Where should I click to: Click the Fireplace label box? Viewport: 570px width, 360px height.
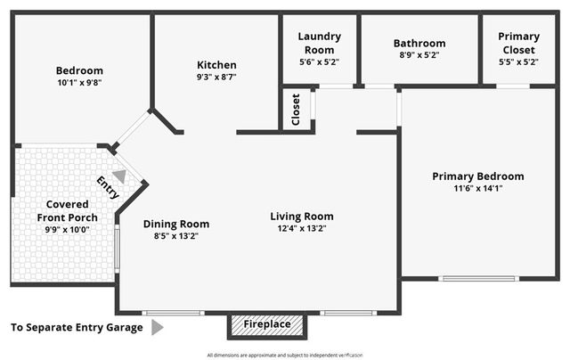[x=267, y=325]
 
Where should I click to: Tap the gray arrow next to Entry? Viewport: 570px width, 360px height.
[x=118, y=176]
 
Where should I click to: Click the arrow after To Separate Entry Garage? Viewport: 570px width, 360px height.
[x=157, y=328]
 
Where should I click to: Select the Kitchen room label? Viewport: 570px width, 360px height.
[x=216, y=65]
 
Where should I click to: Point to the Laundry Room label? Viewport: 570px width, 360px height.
[x=318, y=43]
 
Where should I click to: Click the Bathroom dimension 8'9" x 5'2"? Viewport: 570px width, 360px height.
[x=419, y=55]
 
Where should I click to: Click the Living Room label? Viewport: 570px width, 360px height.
[x=302, y=217]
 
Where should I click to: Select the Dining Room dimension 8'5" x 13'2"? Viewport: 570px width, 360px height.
[x=176, y=236]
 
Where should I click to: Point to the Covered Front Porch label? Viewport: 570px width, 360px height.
[x=68, y=210]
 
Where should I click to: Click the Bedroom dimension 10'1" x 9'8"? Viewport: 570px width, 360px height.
[x=79, y=83]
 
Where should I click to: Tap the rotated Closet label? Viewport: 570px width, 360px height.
[x=296, y=110]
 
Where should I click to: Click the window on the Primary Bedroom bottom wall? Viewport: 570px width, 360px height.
[x=478, y=279]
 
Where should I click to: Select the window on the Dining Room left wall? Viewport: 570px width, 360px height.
[x=117, y=248]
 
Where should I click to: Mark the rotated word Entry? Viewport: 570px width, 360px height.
[x=108, y=188]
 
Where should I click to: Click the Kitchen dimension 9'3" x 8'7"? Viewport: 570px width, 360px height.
[x=216, y=78]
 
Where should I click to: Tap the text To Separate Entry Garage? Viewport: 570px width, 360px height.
[x=77, y=328]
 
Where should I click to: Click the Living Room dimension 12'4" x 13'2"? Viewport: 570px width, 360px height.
[x=302, y=230]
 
